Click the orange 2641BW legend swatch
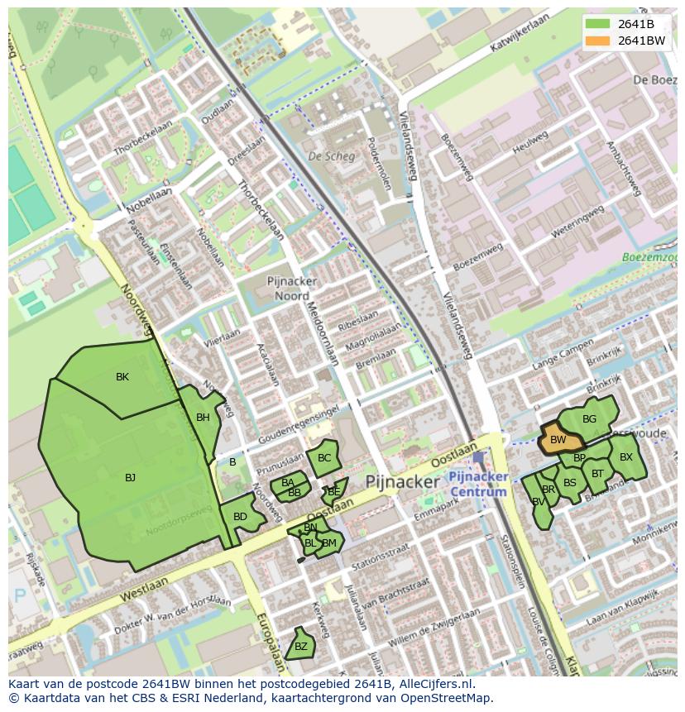(x=597, y=41)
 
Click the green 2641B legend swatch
(x=597, y=24)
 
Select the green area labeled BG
(x=589, y=418)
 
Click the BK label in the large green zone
(x=122, y=377)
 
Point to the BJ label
(x=130, y=478)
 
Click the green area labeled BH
(x=202, y=418)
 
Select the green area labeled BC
(x=323, y=458)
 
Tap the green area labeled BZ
(x=300, y=646)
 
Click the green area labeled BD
(x=240, y=518)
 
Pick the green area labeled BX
(x=626, y=457)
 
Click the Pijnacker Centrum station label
(x=477, y=485)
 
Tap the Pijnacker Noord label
(x=288, y=289)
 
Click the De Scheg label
(x=331, y=156)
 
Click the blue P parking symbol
(x=20, y=595)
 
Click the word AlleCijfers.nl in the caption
(x=434, y=684)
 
